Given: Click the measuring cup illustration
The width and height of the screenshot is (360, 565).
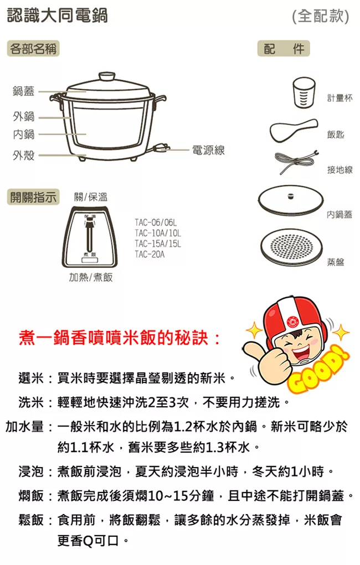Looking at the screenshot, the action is pos(304,92).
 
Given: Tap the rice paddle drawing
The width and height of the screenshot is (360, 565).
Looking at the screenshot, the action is pos(294,131).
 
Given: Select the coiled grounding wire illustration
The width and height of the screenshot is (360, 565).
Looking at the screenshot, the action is pos(296,160).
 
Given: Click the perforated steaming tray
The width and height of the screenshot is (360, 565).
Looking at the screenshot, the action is pos(291,247).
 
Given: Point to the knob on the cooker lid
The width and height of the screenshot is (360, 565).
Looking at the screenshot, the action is pos(107,76).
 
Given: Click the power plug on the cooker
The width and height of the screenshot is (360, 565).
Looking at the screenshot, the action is pos(161,148).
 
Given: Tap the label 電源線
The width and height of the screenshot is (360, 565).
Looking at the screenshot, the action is pos(208,151).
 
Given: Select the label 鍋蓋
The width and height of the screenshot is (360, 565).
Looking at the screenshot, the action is pos(23,91).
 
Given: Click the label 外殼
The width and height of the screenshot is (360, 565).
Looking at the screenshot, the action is pos(23,155).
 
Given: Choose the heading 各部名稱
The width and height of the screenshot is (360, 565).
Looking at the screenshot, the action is pos(33,49).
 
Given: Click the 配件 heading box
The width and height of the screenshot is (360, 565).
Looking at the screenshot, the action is pos(284,49).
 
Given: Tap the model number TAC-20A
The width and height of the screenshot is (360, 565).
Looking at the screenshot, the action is pos(150,255).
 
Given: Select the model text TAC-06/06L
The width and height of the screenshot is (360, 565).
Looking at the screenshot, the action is pos(156,222).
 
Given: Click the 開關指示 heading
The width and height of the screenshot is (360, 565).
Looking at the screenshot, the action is pos(33,197).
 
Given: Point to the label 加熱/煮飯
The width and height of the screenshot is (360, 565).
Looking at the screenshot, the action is pos(91,277).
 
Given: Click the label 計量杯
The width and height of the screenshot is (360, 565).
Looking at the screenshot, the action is pos(340,97).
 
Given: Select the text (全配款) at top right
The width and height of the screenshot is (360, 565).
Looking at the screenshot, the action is pos(320,16).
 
